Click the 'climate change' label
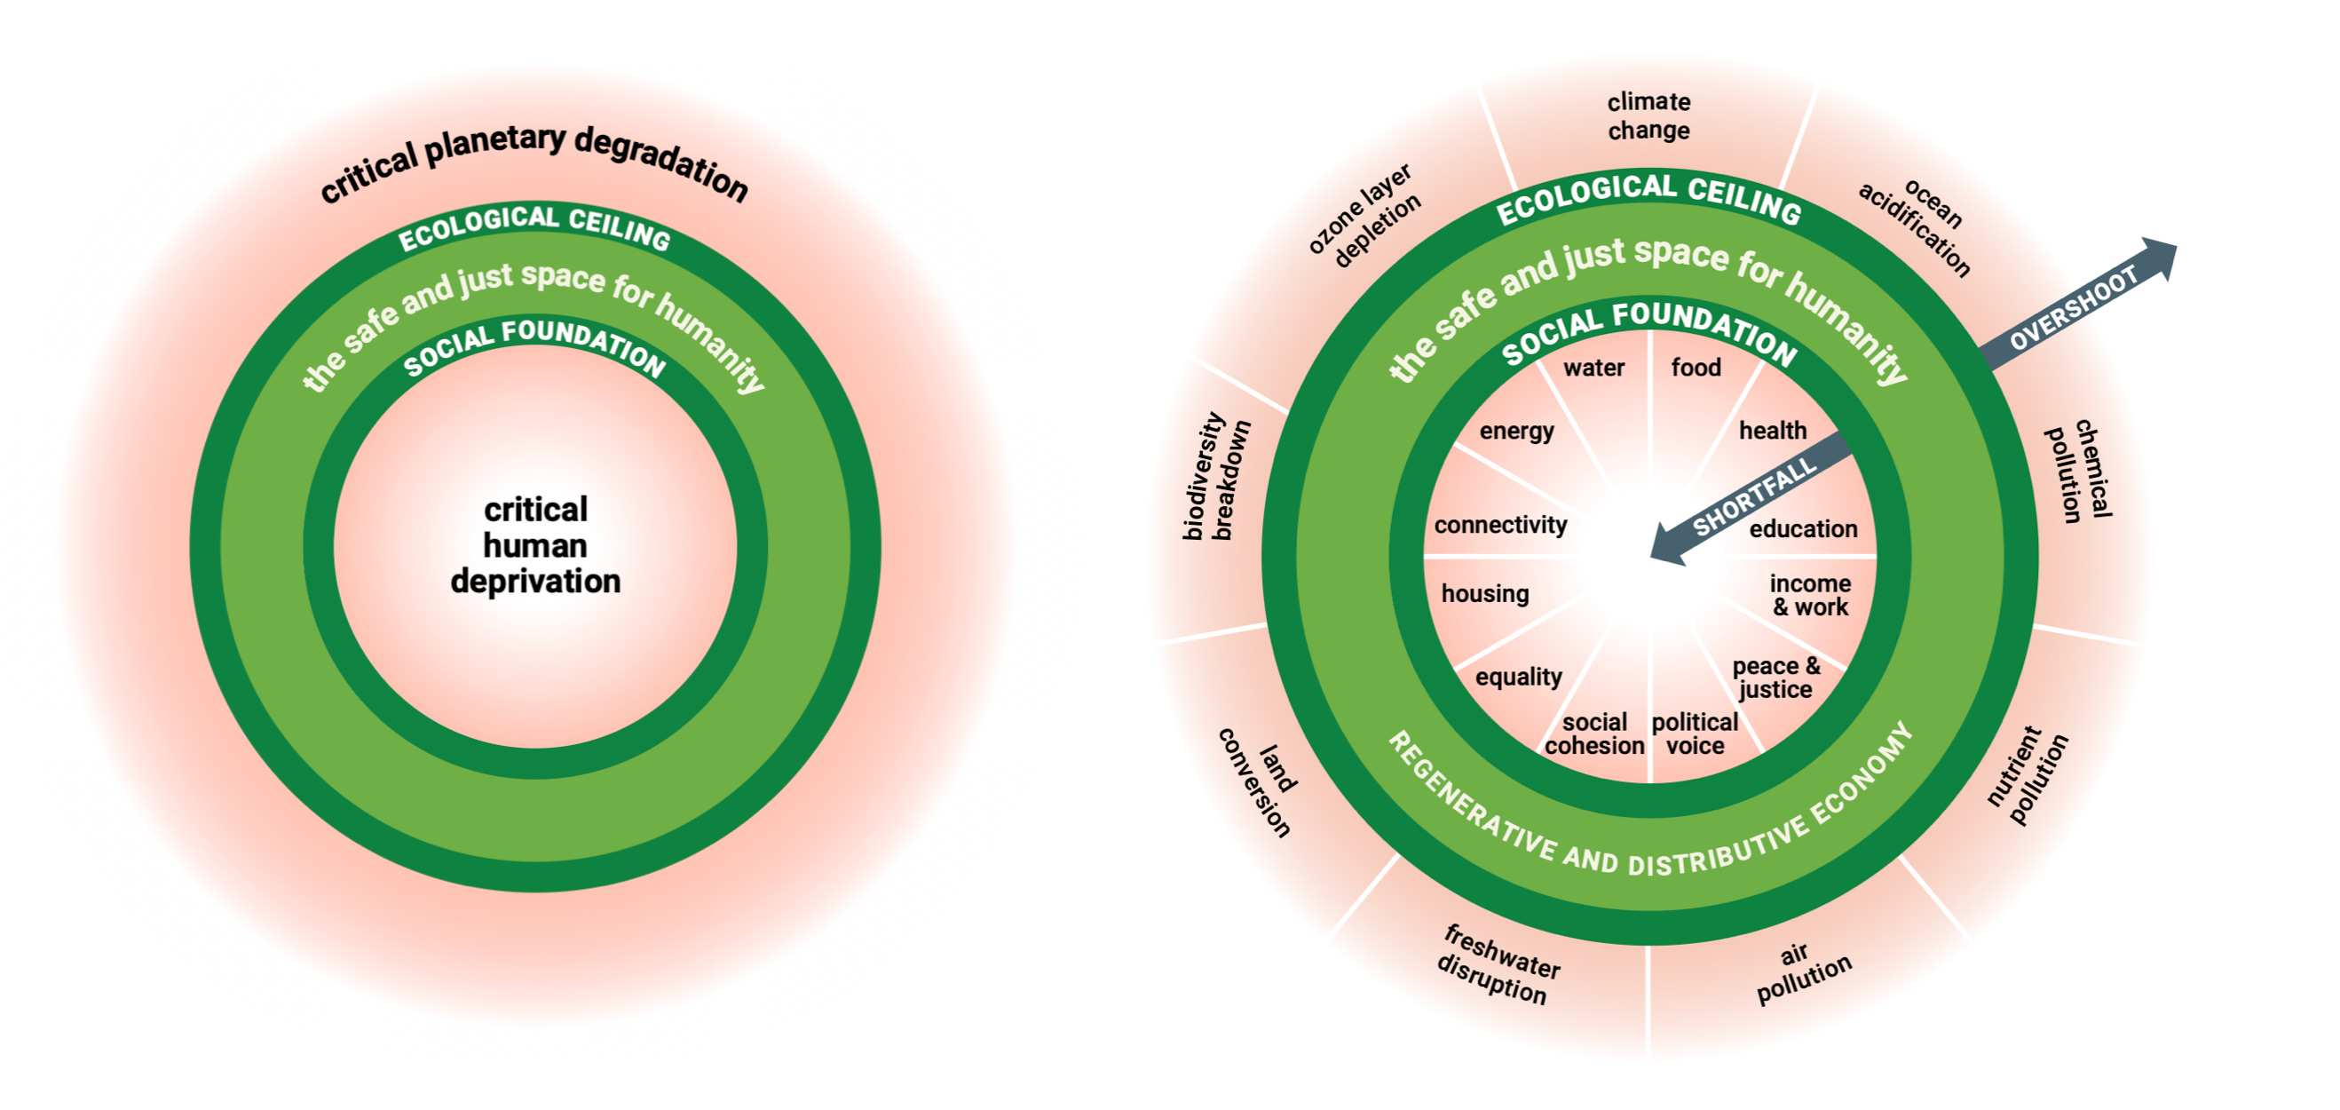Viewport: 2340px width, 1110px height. point(1648,115)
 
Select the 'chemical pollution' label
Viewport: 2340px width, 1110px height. point(2080,471)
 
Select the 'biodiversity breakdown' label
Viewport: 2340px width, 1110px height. point(1215,478)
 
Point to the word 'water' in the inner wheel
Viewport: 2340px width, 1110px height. point(1593,368)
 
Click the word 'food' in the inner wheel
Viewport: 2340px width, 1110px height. point(1695,368)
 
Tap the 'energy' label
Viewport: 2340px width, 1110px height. point(1516,431)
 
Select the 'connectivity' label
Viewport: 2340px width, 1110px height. point(1499,525)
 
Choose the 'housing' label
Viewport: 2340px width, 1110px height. point(1484,594)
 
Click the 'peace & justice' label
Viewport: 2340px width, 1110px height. point(1775,678)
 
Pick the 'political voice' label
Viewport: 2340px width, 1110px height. point(1694,734)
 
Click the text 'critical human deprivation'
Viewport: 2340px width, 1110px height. point(535,545)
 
